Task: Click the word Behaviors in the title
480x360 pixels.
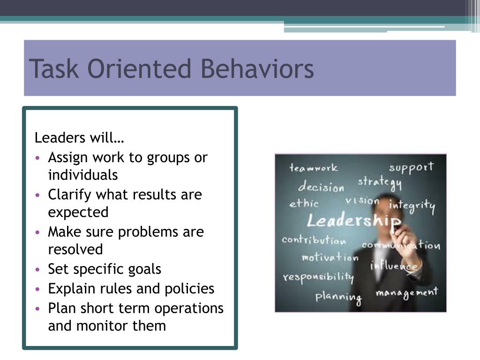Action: [257, 69]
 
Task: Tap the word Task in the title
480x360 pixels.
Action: [53, 69]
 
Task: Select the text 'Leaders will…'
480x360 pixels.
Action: [79, 138]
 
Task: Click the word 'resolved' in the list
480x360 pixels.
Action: [75, 249]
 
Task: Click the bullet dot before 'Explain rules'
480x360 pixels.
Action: [37, 289]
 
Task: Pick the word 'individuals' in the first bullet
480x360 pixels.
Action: [83, 175]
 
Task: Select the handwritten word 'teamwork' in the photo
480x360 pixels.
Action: [313, 167]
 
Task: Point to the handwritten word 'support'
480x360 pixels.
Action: [411, 167]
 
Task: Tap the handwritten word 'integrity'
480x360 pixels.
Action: [412, 205]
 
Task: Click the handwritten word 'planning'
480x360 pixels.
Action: [338, 297]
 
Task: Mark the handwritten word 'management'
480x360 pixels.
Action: [406, 293]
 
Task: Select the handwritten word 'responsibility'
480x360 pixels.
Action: [318, 277]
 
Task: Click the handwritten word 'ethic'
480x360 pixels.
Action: [304, 203]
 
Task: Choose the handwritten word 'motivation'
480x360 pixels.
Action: [330, 257]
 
